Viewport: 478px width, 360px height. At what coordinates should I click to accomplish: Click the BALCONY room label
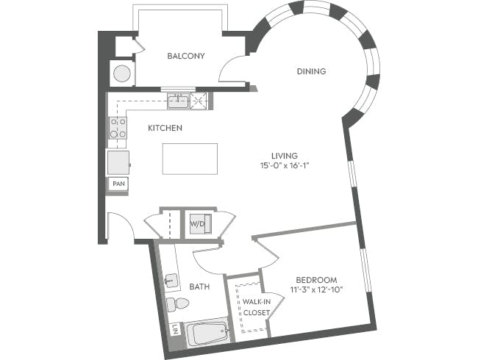[185, 56]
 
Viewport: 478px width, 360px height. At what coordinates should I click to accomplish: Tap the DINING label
[311, 71]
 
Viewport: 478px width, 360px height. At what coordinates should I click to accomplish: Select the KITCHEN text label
[165, 128]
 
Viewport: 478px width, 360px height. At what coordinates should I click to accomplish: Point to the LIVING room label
[284, 156]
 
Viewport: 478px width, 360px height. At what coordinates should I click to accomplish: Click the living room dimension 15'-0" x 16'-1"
[284, 166]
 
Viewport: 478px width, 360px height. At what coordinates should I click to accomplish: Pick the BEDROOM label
[316, 280]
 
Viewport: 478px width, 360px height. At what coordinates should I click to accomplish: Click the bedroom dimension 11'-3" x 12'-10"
[316, 290]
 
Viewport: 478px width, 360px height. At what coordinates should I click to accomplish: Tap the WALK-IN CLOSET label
[255, 307]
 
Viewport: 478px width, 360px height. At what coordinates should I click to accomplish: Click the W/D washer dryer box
[198, 223]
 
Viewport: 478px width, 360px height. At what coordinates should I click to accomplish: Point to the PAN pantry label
[118, 184]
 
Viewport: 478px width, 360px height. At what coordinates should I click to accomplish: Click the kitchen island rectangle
[190, 159]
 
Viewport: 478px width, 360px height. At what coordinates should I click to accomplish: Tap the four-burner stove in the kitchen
[118, 128]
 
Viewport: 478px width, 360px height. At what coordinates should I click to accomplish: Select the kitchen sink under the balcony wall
[177, 101]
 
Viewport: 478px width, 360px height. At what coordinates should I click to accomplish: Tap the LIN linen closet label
[174, 330]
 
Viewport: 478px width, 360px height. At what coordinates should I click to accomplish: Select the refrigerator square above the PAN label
[118, 162]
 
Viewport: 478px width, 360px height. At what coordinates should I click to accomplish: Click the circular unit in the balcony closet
[121, 73]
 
